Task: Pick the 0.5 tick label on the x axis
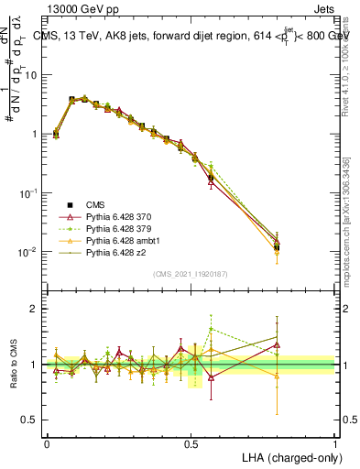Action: [x=191, y=443]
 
